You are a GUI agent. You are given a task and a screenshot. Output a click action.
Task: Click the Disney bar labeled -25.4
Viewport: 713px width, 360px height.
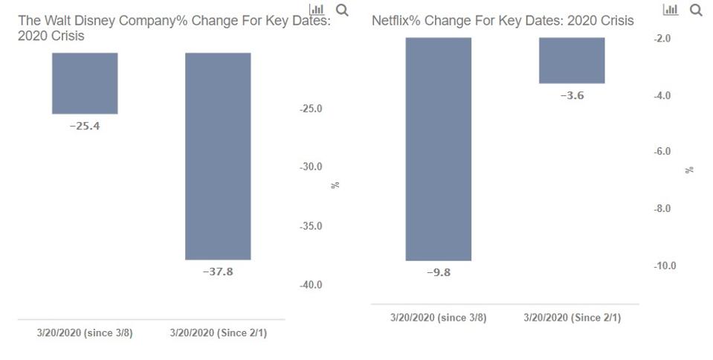85,83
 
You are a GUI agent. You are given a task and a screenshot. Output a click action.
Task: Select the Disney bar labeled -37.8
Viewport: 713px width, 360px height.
218,155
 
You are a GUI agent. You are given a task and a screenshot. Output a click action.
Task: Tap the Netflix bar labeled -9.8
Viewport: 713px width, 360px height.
438,149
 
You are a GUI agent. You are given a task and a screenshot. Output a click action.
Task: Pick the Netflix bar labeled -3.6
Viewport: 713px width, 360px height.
572,60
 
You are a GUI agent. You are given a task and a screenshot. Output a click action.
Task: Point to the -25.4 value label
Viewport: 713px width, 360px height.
85,126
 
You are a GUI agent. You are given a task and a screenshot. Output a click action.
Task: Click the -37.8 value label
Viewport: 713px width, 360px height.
218,271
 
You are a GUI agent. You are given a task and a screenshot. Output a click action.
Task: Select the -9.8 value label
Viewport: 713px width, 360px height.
438,272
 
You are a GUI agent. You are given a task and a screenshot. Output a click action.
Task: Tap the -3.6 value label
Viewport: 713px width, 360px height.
572,95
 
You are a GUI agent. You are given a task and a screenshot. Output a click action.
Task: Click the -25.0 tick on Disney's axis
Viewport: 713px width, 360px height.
311,109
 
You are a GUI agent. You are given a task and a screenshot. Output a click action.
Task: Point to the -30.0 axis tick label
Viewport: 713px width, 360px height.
311,167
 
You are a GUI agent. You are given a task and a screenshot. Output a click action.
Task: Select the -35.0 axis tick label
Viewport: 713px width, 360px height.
311,226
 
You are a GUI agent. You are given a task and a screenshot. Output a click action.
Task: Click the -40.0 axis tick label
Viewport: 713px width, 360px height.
311,285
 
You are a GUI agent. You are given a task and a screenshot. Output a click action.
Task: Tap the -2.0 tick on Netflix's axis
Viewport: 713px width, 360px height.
662,38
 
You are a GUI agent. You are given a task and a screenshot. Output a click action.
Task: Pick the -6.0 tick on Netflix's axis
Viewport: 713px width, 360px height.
662,152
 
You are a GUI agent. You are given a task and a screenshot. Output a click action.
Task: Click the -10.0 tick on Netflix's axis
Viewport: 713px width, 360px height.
665,266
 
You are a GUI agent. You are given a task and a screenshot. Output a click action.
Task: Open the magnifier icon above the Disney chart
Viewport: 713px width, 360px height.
342,10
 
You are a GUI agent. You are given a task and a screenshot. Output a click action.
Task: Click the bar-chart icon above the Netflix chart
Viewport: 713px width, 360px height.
671,10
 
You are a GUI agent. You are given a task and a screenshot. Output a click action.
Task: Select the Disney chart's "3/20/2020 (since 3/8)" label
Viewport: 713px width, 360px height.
85,332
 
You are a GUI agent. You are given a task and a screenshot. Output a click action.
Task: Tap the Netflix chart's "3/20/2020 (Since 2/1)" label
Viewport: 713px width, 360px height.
572,318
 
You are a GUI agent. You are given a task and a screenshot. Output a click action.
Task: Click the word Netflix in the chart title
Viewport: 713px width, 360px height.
391,20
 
